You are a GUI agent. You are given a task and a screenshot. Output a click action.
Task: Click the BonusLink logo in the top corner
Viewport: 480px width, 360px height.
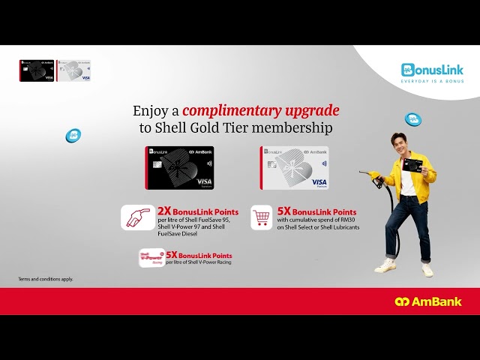tap(432, 70)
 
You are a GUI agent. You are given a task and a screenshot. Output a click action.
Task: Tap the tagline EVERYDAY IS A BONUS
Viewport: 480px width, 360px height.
tap(432, 80)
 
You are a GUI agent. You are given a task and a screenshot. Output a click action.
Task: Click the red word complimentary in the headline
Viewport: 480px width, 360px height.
tap(261, 111)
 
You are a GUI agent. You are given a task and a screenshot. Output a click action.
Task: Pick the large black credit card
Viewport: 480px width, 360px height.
tap(179, 168)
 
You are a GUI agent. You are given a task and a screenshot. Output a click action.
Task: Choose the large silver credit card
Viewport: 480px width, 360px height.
tap(294, 168)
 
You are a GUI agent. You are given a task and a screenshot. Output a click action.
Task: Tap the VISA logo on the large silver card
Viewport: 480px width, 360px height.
tap(318, 181)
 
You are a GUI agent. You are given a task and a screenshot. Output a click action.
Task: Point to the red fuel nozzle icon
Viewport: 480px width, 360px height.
tap(138, 217)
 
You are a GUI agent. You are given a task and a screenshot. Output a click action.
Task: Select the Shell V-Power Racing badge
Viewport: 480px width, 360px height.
tap(151, 257)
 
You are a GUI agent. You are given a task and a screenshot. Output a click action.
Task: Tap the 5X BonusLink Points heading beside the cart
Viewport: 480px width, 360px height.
tap(316, 212)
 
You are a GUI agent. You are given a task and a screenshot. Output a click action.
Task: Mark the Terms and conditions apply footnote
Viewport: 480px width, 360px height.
tap(46, 279)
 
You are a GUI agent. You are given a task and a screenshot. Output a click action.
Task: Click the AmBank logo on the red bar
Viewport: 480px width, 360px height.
tap(428, 301)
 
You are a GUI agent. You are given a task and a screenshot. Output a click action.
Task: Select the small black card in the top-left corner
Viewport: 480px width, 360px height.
tap(37, 70)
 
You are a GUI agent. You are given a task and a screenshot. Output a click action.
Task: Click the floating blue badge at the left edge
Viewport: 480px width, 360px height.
tap(73, 136)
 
